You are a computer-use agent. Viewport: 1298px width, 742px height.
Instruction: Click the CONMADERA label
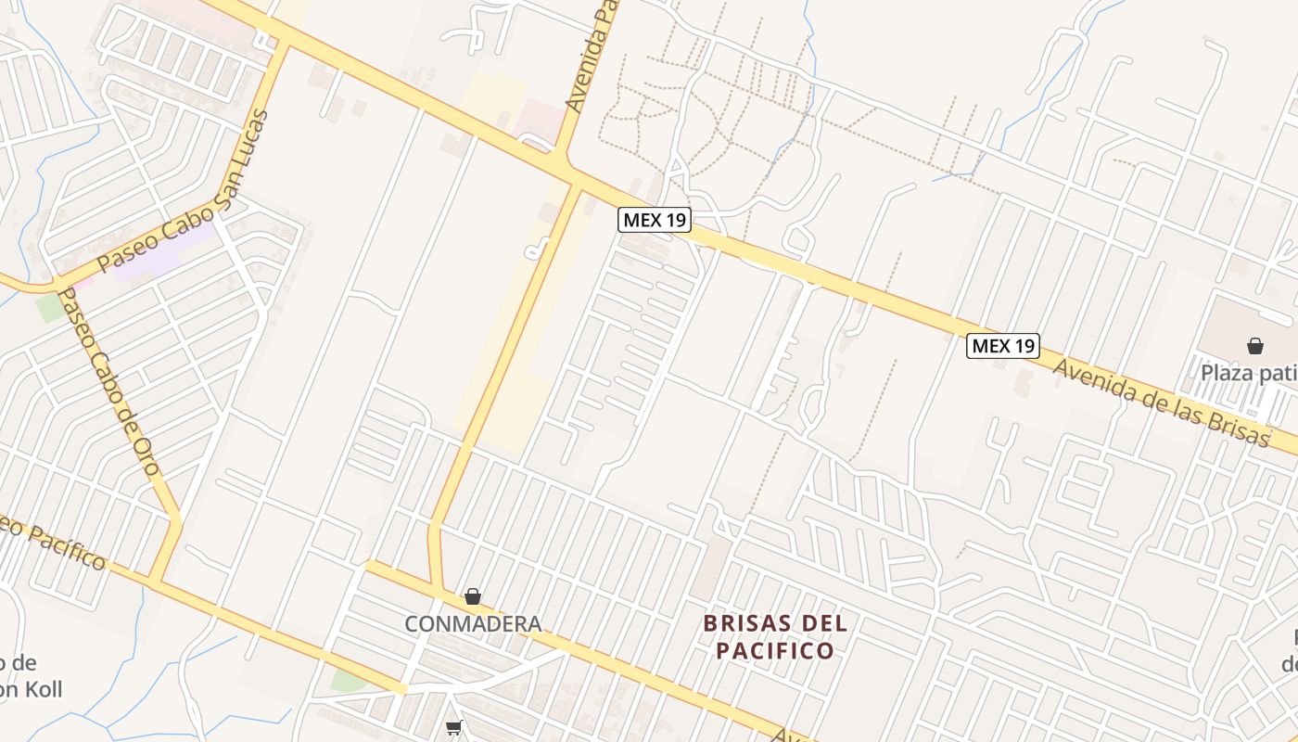coord(473,624)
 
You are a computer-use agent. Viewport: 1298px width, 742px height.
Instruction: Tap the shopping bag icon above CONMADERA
coord(473,596)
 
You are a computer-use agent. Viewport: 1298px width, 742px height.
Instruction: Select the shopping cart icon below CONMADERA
coord(453,727)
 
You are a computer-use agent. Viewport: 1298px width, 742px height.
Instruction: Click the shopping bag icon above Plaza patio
coord(1254,347)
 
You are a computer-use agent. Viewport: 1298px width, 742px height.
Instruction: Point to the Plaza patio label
coord(1248,374)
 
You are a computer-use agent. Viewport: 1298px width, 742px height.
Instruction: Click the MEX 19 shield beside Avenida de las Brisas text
coord(1003,346)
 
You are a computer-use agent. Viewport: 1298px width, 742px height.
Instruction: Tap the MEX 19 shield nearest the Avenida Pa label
coord(655,220)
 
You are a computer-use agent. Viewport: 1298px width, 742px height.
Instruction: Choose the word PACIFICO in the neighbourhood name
coord(774,650)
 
